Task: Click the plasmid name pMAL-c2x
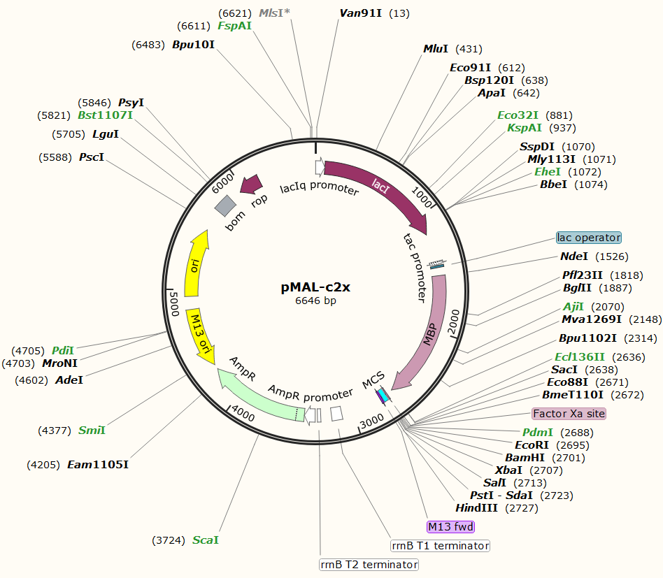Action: [x=315, y=287]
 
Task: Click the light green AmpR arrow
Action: [x=259, y=396]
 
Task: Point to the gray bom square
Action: [x=226, y=205]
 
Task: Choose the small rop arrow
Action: [x=250, y=185]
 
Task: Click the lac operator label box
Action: [x=589, y=238]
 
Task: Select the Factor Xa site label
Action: [x=569, y=414]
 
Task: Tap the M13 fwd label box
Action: [x=451, y=526]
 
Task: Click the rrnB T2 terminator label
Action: [x=369, y=564]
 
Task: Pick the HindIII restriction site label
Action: [x=477, y=508]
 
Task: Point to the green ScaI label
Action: [x=206, y=540]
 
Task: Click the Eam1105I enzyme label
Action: [x=98, y=465]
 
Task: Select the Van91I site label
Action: [x=361, y=13]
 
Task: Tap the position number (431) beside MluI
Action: [x=469, y=49]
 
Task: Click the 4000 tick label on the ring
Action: [x=243, y=413]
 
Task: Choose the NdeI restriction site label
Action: [x=574, y=257]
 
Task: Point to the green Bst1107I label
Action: [x=105, y=115]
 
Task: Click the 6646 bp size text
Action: [x=315, y=301]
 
